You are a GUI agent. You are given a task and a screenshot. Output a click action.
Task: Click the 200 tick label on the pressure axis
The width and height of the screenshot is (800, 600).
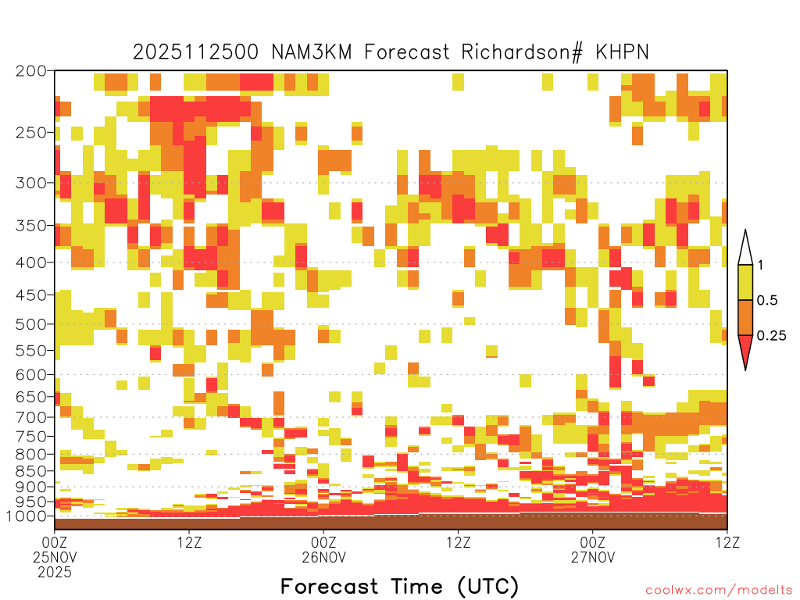(30, 71)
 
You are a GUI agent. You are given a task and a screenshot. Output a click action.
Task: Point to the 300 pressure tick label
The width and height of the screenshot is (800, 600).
(30, 183)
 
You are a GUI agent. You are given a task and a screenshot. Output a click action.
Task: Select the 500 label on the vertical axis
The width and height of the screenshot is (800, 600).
(30, 324)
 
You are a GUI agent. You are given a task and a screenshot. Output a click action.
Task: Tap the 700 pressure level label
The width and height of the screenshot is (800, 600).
(30, 417)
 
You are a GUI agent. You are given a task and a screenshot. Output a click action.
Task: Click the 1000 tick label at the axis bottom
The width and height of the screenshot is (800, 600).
(27, 516)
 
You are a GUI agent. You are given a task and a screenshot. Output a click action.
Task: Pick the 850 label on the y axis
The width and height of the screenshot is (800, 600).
(30, 471)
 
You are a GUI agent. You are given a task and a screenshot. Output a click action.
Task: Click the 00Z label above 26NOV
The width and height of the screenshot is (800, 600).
(323, 542)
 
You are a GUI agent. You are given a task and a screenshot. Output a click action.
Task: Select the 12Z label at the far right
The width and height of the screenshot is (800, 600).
(727, 542)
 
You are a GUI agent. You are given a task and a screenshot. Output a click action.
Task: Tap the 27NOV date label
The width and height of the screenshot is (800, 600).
(593, 557)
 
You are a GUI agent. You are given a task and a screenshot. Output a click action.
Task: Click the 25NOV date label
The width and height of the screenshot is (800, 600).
(55, 557)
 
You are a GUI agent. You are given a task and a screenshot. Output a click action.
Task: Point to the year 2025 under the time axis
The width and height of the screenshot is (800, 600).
(55, 573)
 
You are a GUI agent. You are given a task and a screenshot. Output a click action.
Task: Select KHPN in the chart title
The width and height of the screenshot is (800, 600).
(622, 52)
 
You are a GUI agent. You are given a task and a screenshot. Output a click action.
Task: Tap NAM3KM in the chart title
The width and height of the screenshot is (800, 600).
(312, 52)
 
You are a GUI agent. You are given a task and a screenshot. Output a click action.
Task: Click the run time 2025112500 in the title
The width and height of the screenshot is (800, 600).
(195, 52)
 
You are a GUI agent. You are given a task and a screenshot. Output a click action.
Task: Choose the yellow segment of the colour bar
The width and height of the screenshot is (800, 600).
(745, 282)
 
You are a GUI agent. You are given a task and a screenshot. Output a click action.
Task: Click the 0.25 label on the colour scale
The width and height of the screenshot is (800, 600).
(771, 336)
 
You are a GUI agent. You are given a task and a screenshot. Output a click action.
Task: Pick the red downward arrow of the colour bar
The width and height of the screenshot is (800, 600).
(745, 349)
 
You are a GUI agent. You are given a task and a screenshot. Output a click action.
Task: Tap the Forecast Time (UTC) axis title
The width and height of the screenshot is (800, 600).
(399, 587)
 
